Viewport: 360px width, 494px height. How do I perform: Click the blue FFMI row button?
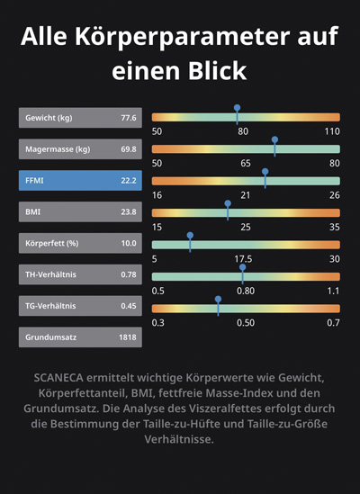pos(80,181)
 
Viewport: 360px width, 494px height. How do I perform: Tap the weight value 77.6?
pos(129,118)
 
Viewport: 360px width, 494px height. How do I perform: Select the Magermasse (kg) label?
pos(58,149)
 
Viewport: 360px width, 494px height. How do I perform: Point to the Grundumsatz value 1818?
pos(128,337)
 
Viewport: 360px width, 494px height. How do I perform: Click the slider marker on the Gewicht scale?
pos(237,114)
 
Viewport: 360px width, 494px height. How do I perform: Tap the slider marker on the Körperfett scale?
pos(190,242)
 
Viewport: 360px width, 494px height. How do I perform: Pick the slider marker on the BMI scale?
pos(228,211)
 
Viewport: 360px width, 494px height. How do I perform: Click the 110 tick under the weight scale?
pos(332,131)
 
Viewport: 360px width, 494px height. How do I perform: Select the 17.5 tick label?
pos(243,259)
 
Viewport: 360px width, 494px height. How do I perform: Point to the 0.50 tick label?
pos(246,323)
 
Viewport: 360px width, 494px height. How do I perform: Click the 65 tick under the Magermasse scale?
pos(246,163)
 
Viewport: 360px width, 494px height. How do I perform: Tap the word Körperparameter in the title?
pos(181,37)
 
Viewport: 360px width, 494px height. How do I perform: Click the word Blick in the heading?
pos(218,71)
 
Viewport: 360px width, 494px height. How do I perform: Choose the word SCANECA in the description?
pos(58,377)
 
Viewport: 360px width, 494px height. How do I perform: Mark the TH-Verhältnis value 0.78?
pos(129,274)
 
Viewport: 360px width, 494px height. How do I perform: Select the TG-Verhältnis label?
pos(50,306)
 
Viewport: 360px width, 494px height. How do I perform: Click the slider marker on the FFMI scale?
pos(265,179)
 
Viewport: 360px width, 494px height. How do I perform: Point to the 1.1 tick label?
pos(334,291)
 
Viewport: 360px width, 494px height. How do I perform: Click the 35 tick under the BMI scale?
pos(335,227)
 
